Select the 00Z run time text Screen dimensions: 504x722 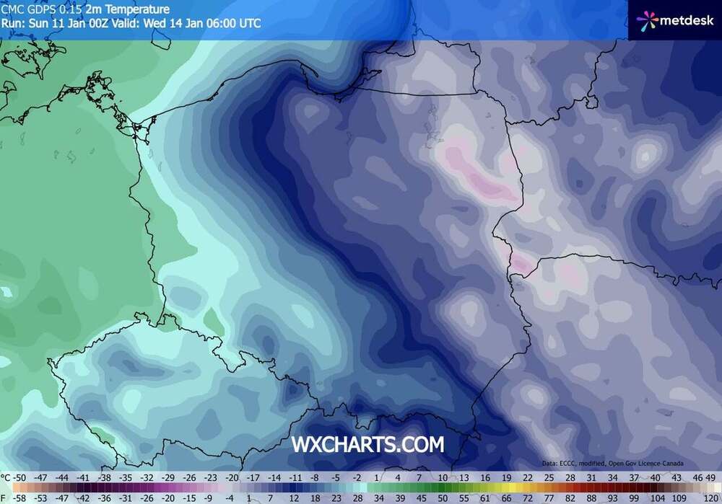[99, 23]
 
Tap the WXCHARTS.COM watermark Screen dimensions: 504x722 [367, 444]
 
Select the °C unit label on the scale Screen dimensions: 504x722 [6, 477]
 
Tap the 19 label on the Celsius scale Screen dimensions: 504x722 [507, 477]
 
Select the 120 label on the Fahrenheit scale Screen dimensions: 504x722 [712, 498]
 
